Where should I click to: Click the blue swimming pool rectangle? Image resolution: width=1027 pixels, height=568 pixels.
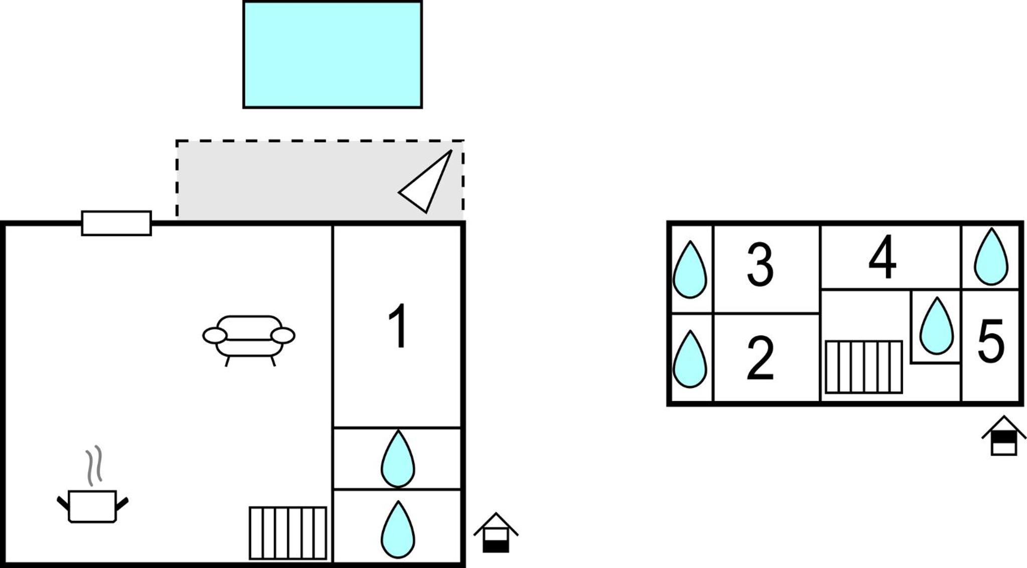(332, 54)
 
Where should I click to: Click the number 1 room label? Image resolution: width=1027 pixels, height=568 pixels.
(398, 326)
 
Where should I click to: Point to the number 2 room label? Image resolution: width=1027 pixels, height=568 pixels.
(760, 358)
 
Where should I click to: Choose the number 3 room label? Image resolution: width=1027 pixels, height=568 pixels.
(760, 265)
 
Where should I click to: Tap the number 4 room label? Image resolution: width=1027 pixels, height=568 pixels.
(883, 257)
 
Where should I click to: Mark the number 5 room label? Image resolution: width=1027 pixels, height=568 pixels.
(991, 341)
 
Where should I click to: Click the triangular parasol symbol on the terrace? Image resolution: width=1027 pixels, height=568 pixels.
(425, 181)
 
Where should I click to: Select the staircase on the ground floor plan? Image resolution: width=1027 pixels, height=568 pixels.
(288, 533)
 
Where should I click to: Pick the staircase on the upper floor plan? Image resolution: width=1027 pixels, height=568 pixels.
(864, 367)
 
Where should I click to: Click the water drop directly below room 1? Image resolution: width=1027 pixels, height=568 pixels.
(398, 459)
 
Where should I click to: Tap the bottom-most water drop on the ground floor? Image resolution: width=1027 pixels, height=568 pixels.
(398, 529)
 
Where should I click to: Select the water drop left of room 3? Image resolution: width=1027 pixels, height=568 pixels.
(690, 270)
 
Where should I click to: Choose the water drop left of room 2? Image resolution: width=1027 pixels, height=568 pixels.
(690, 359)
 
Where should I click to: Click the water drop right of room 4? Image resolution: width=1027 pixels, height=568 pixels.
(991, 257)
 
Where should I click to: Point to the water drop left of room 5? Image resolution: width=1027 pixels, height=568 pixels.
(936, 326)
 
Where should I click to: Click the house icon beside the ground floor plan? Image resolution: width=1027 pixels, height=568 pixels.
(496, 533)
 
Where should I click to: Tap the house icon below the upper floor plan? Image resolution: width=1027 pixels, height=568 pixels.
(1004, 435)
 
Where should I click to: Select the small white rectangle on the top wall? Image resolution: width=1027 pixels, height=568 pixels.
(116, 223)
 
